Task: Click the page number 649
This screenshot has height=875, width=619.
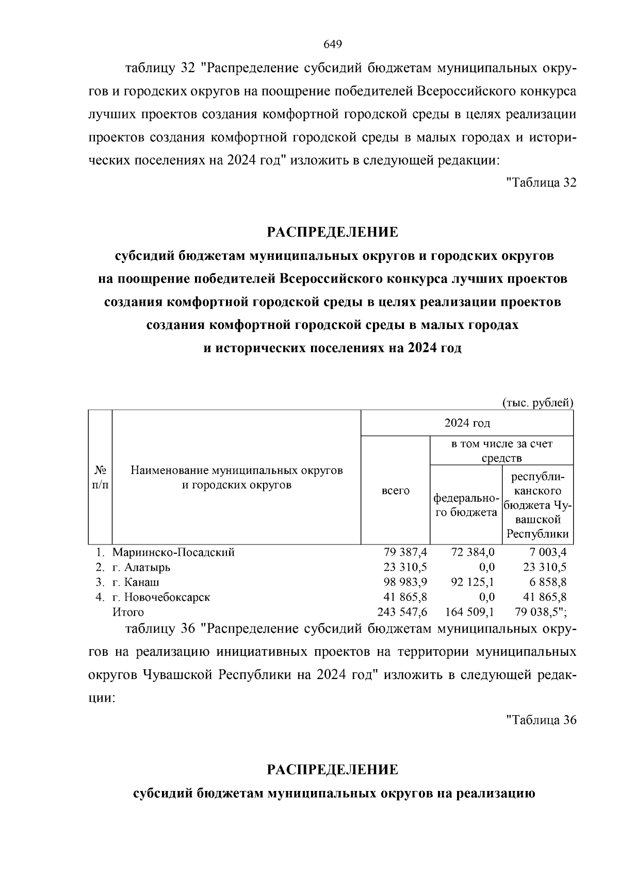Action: tap(333, 44)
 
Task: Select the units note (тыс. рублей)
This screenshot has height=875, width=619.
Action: tap(537, 403)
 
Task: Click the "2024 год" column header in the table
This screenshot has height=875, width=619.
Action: tap(467, 423)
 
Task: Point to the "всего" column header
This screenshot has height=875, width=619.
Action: tap(396, 491)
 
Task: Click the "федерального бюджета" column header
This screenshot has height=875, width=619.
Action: tap(465, 505)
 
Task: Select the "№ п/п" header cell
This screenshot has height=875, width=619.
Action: tap(101, 477)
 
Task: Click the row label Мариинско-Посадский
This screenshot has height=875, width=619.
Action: tap(174, 552)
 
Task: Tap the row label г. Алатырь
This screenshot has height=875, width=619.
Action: tap(141, 567)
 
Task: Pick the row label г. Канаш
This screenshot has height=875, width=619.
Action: tap(136, 582)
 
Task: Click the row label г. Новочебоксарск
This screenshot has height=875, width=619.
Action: tap(161, 597)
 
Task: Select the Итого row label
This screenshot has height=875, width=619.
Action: tap(128, 612)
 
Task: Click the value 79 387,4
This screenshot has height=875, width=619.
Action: tap(405, 552)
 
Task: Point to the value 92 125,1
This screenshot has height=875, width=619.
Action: tap(473, 582)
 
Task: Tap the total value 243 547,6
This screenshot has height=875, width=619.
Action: tap(403, 612)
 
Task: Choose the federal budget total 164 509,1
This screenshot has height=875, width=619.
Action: tap(470, 612)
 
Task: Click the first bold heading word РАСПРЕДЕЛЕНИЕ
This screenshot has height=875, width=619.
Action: tap(333, 232)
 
